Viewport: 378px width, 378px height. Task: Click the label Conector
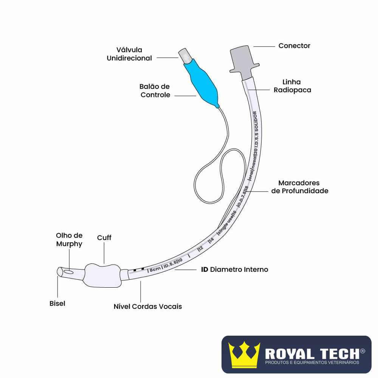click(x=294, y=46)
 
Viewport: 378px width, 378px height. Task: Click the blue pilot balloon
click(x=202, y=81)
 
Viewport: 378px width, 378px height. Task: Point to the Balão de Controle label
click(x=155, y=91)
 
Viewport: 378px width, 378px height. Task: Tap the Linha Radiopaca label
click(x=292, y=86)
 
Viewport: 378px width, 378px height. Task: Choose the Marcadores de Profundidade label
click(x=300, y=187)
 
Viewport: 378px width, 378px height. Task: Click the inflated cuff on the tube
click(x=102, y=275)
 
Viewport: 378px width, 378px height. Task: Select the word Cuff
click(x=104, y=238)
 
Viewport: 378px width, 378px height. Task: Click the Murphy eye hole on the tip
click(x=69, y=271)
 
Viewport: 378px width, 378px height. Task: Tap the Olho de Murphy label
click(x=69, y=240)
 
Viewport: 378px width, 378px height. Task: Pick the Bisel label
click(x=57, y=304)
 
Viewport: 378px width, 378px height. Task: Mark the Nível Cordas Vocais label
click(x=148, y=307)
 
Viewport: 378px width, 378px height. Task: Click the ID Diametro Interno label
click(x=234, y=270)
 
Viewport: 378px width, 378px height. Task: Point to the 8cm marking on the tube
click(x=154, y=270)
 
